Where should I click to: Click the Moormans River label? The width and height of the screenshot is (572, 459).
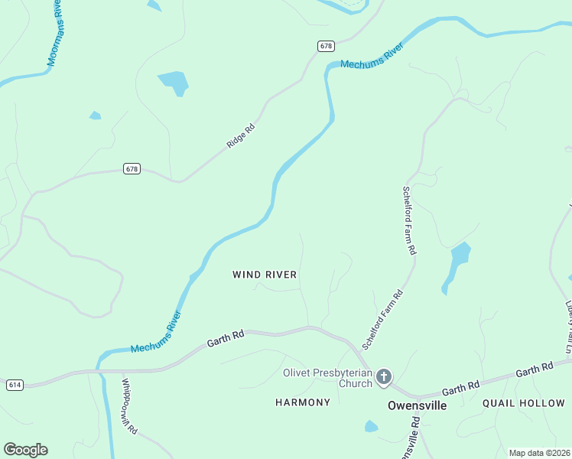(55, 34)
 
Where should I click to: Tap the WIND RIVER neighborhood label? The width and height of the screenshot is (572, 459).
(265, 275)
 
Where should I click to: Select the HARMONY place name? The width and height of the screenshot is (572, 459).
(303, 402)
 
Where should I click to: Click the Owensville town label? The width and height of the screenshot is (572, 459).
(417, 405)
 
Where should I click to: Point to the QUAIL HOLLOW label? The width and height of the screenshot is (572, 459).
(524, 402)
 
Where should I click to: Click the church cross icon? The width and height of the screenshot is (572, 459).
(384, 376)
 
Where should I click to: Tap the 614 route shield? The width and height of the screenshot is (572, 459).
(14, 385)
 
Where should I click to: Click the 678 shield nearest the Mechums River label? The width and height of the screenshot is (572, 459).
(326, 47)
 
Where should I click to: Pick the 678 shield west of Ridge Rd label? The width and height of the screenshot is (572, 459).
(132, 169)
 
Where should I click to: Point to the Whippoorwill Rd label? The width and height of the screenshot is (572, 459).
(128, 406)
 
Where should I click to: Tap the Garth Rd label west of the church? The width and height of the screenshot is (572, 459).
(226, 339)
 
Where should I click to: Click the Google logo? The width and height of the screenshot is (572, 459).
(25, 450)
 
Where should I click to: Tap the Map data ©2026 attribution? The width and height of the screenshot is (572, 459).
(539, 453)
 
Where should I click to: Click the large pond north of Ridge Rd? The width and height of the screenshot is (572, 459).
(174, 82)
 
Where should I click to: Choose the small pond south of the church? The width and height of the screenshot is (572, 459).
(371, 426)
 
